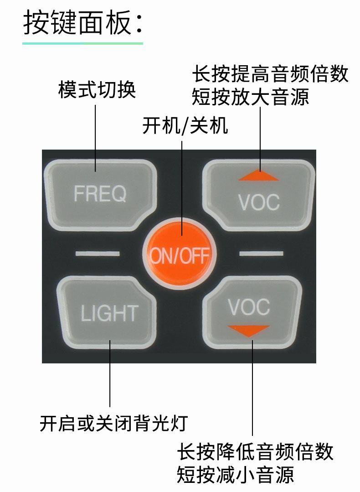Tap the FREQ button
100,194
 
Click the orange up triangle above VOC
258,176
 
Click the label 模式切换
97,90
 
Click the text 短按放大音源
250,97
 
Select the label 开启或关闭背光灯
113,423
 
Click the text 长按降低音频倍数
255,452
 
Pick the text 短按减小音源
235,475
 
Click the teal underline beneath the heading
82,43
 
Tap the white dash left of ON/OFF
98,253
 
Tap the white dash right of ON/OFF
261,253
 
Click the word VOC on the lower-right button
249,308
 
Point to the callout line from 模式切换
96,137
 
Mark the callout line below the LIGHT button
110,374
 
